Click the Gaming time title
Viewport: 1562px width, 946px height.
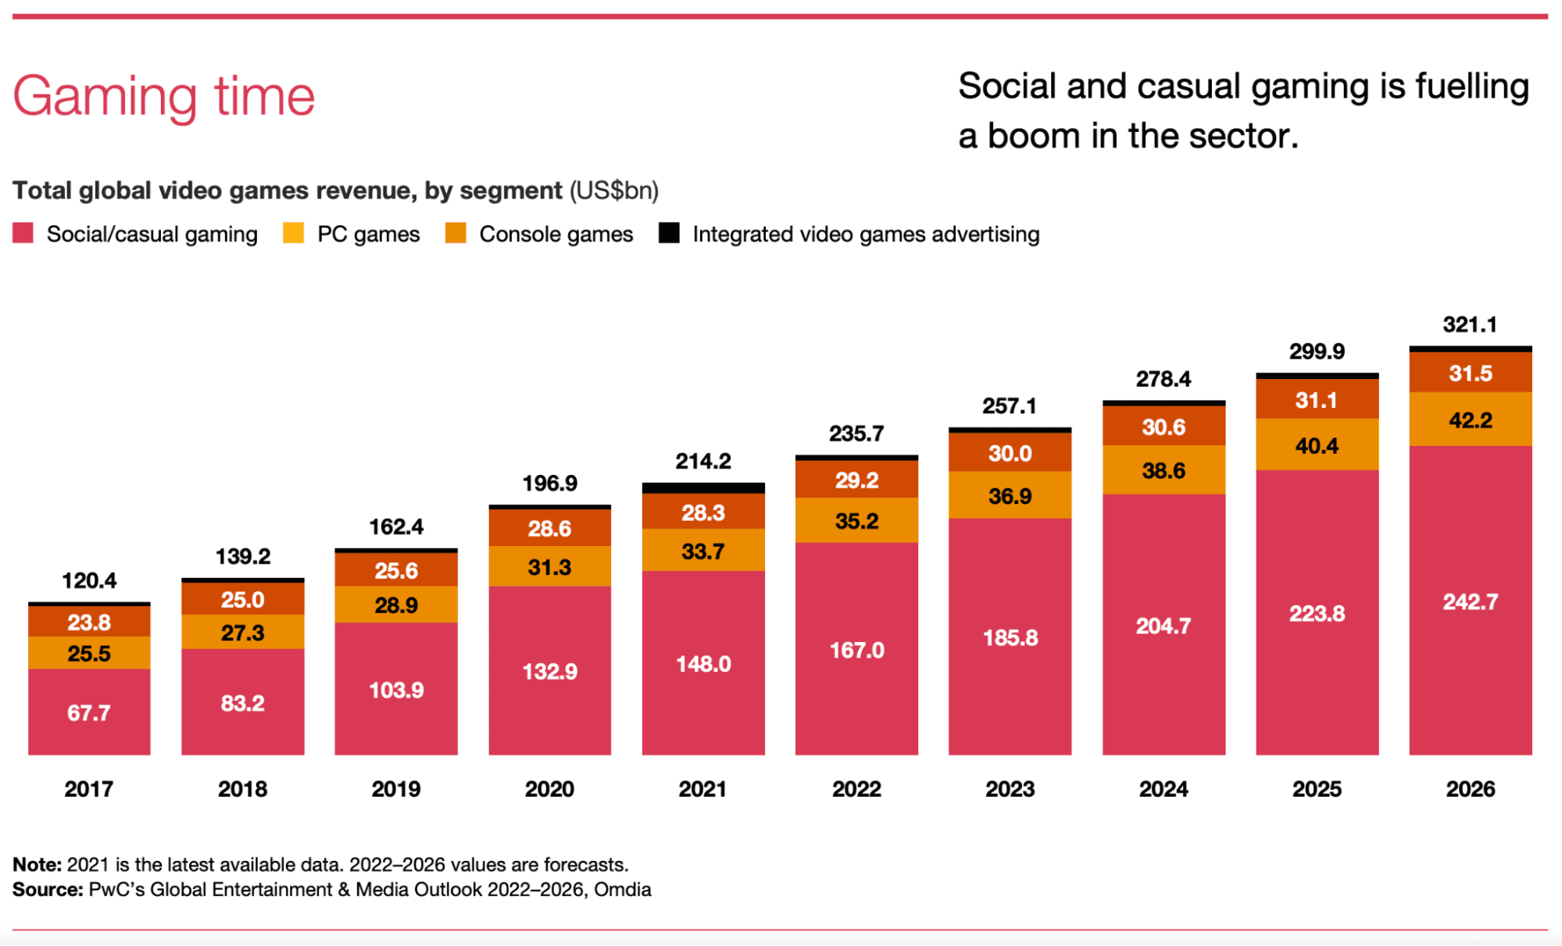[163, 97]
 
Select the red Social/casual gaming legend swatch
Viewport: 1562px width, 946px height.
[23, 233]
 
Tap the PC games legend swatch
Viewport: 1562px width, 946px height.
[293, 233]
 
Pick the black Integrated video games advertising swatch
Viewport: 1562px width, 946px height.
[669, 233]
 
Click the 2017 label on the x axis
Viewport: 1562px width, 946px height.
[88, 789]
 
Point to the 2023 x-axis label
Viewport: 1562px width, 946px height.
[1010, 789]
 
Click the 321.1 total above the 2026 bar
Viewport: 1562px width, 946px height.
[1470, 324]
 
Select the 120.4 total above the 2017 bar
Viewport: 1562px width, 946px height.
[89, 580]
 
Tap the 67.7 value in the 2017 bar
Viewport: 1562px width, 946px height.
[89, 712]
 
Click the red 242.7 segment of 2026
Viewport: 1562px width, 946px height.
[1470, 602]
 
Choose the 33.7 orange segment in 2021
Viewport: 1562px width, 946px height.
[703, 552]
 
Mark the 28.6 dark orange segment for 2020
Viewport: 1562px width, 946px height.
[549, 529]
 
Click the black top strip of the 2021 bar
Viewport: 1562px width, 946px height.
[703, 487]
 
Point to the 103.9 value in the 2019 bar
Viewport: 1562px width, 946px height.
[396, 690]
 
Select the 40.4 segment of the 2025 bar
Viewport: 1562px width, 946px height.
[1317, 445]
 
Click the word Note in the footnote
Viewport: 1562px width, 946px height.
[37, 865]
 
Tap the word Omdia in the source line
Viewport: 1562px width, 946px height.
[622, 890]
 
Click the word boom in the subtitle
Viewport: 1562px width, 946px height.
[1034, 136]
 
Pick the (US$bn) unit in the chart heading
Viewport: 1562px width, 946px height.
[614, 191]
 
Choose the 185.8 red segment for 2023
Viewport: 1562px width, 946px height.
[1010, 637]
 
